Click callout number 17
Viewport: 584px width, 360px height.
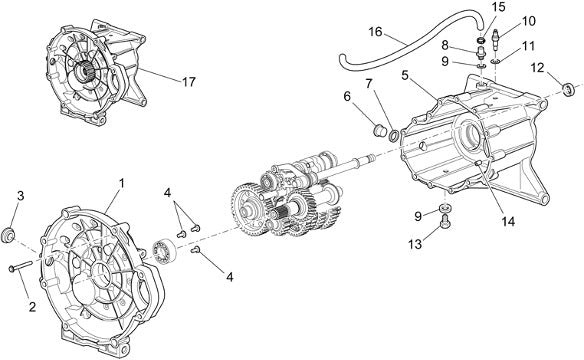[189, 82]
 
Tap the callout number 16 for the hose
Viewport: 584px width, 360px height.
[376, 32]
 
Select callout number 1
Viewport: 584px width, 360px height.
[121, 183]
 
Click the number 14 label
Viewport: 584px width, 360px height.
[508, 222]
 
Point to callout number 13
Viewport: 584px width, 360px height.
[415, 244]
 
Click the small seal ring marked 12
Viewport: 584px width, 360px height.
[568, 90]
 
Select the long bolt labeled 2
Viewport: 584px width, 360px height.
[20, 266]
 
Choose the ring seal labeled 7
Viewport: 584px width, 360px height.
[393, 136]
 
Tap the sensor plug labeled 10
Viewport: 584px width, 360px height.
[496, 39]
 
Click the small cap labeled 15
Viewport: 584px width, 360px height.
[481, 39]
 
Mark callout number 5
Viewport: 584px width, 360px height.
[405, 75]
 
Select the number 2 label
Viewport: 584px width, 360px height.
[32, 307]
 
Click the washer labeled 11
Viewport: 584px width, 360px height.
[495, 61]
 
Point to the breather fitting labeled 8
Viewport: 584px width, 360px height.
[481, 52]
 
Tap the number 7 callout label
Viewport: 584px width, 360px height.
[369, 84]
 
